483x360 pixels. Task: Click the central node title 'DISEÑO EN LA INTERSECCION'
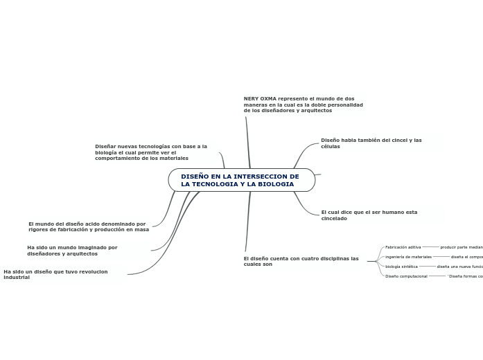(240, 177)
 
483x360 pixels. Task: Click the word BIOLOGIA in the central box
(274, 184)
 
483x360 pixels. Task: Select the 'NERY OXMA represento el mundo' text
(303, 105)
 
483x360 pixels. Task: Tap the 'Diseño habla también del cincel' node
(371, 143)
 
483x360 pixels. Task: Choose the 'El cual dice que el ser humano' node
(369, 215)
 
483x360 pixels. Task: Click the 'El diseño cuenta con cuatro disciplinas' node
(301, 261)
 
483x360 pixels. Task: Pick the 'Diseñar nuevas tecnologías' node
(150, 152)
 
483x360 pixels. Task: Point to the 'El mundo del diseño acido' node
(88, 226)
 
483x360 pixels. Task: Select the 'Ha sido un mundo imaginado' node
(72, 251)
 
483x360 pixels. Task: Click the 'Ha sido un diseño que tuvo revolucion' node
(55, 274)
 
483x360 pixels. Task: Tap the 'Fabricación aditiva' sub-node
(403, 247)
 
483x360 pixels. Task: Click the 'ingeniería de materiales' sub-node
(408, 257)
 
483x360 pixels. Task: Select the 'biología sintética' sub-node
(401, 267)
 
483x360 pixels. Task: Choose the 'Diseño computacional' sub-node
(406, 276)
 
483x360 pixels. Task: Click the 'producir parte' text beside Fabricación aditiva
(461, 247)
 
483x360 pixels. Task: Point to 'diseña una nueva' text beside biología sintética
(459, 267)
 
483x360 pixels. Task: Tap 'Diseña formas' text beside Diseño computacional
(465, 276)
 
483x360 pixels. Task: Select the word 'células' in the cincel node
(331, 147)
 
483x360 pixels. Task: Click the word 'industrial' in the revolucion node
(17, 278)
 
